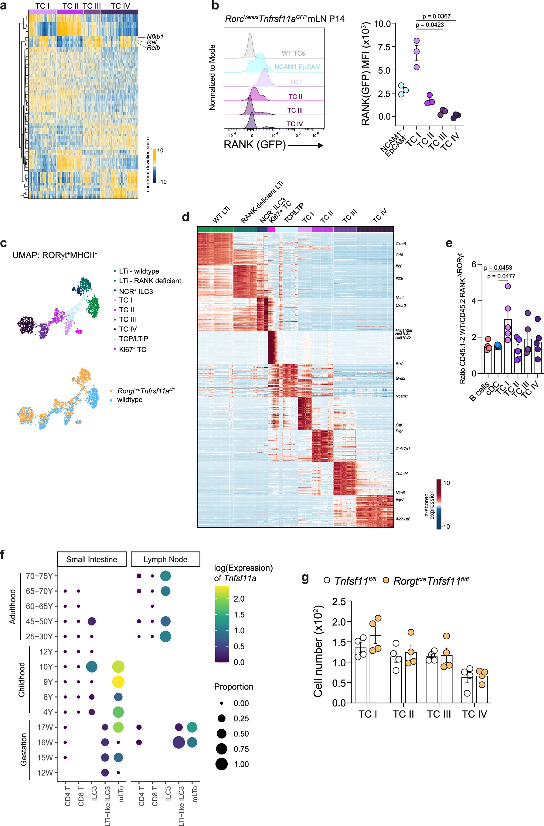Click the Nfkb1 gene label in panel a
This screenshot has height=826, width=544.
155,37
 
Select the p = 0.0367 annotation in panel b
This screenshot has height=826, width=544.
437,16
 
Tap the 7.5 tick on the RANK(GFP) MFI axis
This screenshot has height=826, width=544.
384,47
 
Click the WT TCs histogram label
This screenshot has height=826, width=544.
293,53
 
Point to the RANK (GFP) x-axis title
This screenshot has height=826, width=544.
254,144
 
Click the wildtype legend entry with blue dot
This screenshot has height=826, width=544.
129,399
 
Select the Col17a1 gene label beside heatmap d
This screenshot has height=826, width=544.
403,448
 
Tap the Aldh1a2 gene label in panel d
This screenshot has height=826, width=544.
403,519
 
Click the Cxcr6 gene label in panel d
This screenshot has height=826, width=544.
400,244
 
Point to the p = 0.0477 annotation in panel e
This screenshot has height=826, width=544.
501,276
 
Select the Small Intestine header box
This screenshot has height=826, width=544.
92,559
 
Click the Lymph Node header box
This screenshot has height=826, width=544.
165,559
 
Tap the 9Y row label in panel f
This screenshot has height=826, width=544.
48,682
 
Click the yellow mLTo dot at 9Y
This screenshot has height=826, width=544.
118,682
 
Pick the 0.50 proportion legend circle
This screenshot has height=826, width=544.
221,733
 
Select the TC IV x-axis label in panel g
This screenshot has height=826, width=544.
474,714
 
